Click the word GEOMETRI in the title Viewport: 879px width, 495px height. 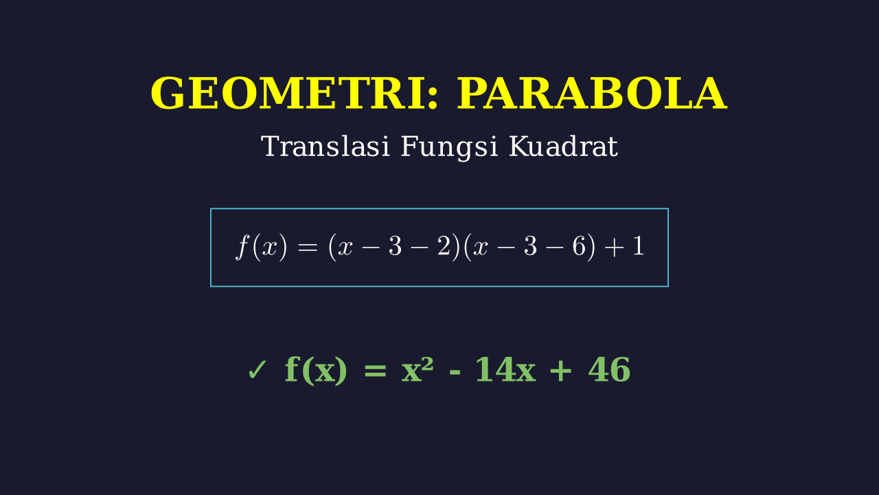click(x=288, y=93)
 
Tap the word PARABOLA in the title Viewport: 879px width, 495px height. click(x=592, y=93)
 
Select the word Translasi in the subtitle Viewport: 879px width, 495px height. click(x=326, y=146)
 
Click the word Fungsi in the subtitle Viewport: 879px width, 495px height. click(x=449, y=147)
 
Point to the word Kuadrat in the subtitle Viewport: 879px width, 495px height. click(x=563, y=146)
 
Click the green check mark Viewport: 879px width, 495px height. click(x=257, y=370)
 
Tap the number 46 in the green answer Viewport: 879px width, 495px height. click(x=609, y=369)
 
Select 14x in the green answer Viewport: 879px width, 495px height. click(x=505, y=369)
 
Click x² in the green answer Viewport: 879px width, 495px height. click(x=417, y=369)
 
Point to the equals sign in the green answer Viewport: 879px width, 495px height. click(x=375, y=371)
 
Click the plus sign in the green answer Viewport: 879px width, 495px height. click(x=561, y=371)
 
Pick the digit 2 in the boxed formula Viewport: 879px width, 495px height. click(x=444, y=247)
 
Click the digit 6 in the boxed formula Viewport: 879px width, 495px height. click(x=579, y=247)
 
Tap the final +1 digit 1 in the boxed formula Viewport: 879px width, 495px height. click(x=639, y=247)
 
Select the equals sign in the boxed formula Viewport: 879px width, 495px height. click(x=307, y=247)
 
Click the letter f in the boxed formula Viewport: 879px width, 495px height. click(x=242, y=246)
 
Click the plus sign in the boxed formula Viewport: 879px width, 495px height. click(x=615, y=247)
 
